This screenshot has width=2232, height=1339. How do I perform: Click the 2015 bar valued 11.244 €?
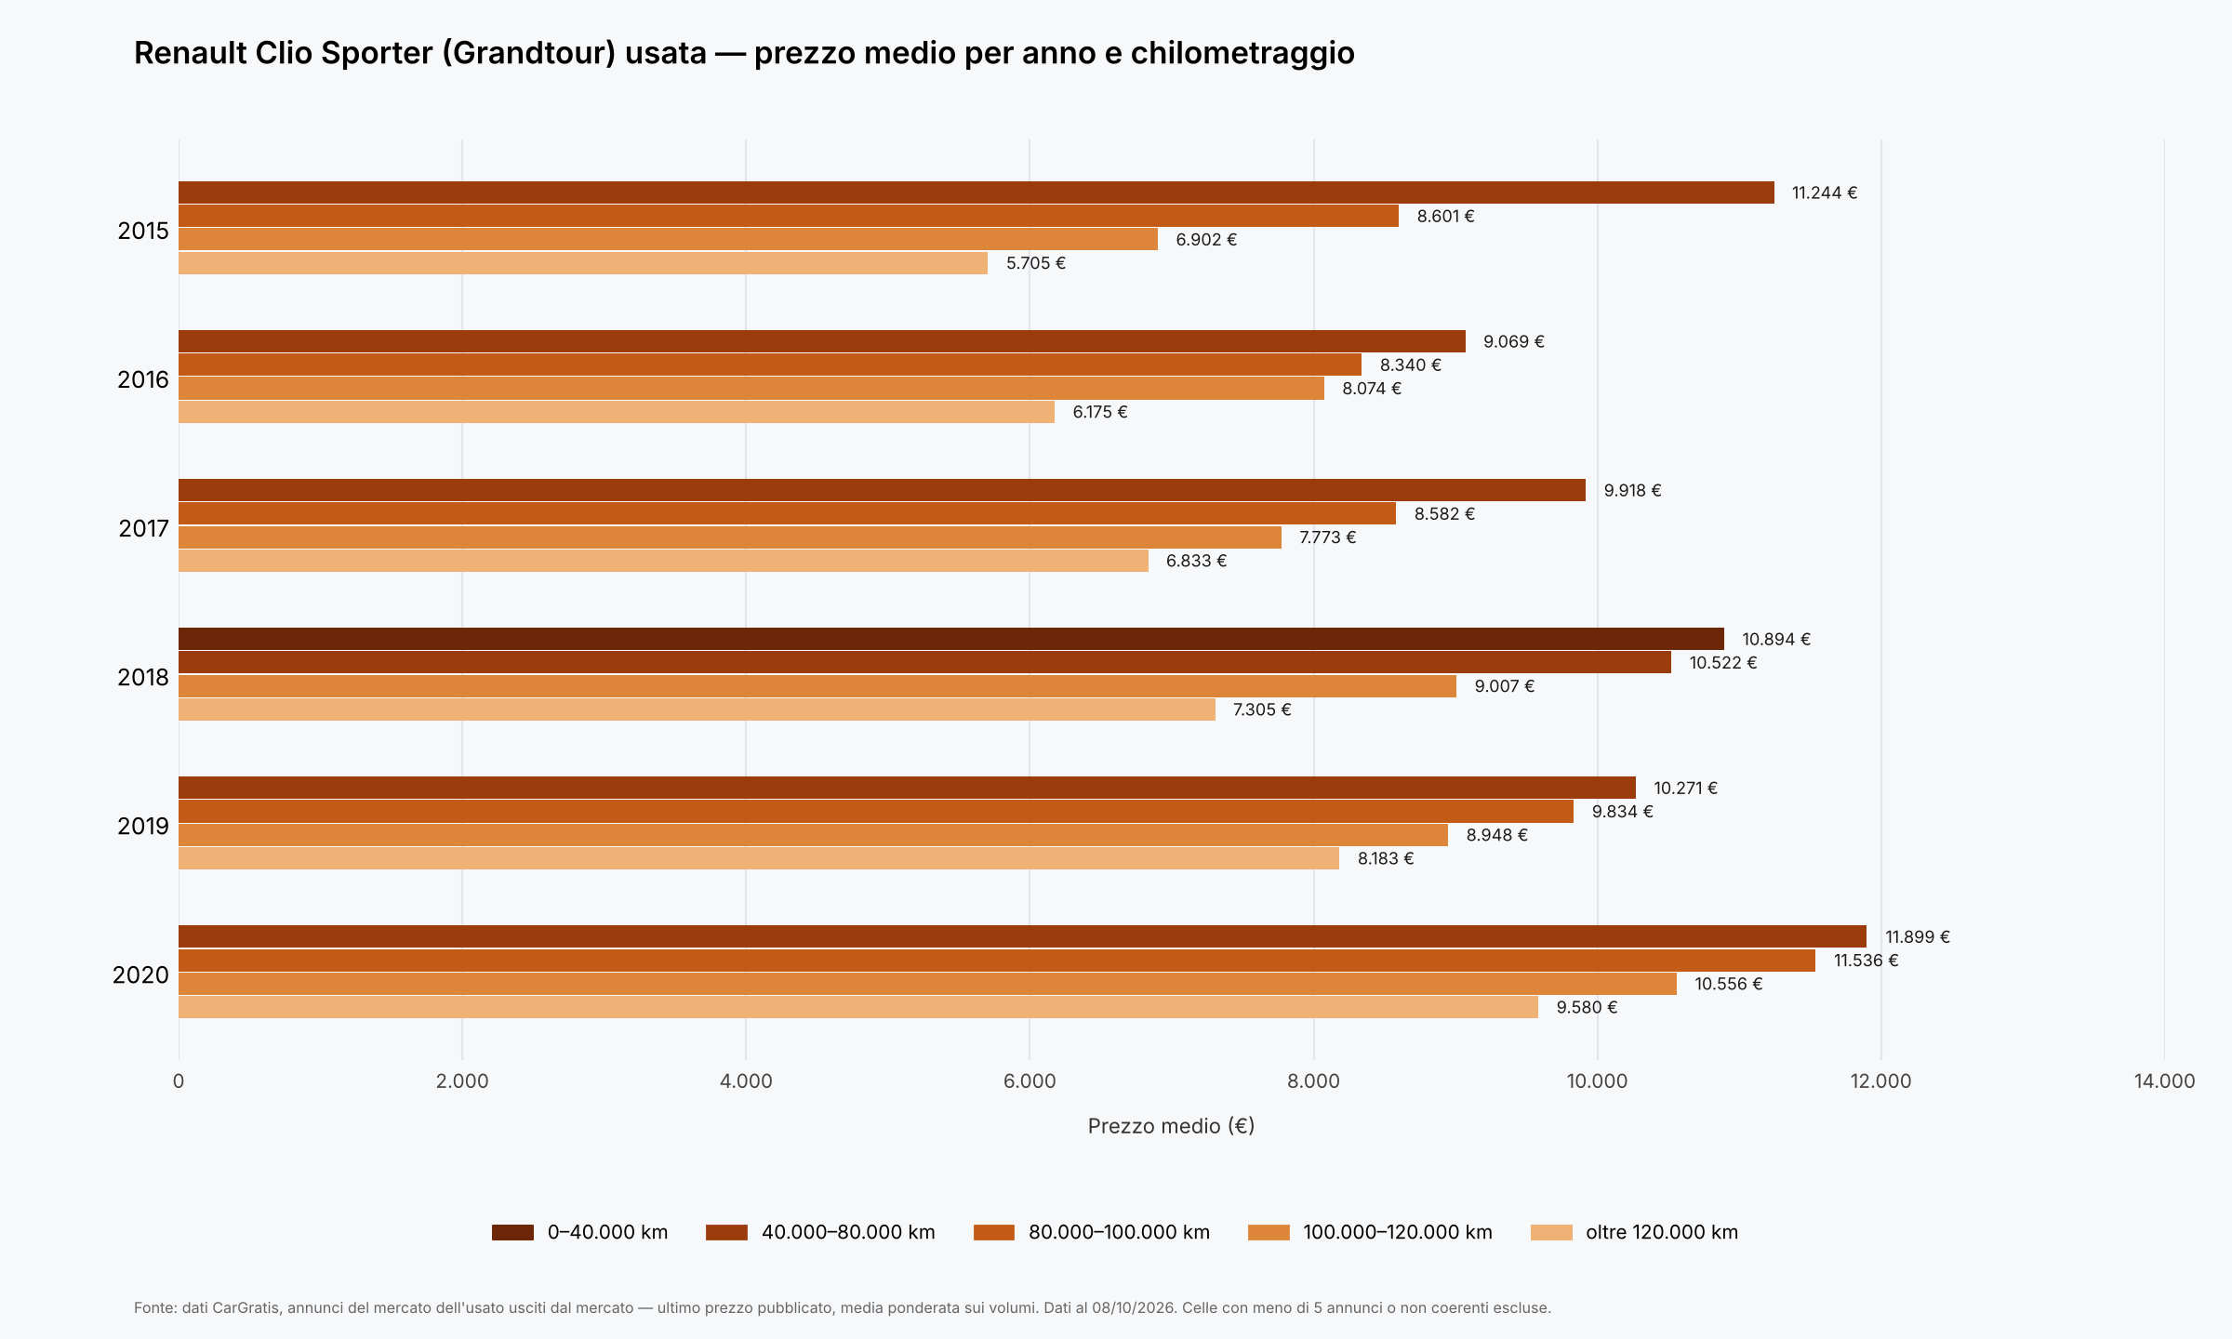(976, 192)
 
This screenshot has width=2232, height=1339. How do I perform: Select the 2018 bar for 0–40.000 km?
(951, 639)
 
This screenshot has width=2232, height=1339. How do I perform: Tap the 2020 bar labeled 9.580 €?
(858, 1007)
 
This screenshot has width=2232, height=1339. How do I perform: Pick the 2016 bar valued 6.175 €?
(617, 412)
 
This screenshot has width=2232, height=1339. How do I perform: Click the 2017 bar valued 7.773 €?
(730, 537)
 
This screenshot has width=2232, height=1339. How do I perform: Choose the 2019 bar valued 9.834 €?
(876, 812)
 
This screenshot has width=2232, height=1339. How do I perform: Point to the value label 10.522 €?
(1723, 663)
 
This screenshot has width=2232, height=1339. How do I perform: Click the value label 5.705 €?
(1036, 263)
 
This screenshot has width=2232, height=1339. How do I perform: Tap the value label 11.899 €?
(1918, 937)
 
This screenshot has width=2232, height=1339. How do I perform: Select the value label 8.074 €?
(1372, 389)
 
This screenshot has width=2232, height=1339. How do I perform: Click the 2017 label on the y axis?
(143, 528)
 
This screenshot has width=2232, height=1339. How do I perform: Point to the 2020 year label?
(140, 974)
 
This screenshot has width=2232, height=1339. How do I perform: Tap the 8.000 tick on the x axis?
(1313, 1081)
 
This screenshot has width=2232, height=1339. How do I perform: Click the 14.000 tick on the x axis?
(2164, 1081)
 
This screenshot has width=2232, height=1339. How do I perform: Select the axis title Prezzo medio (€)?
(1171, 1126)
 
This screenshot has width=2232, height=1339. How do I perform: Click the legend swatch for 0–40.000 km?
(512, 1233)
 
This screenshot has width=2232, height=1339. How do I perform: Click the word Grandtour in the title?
(528, 54)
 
